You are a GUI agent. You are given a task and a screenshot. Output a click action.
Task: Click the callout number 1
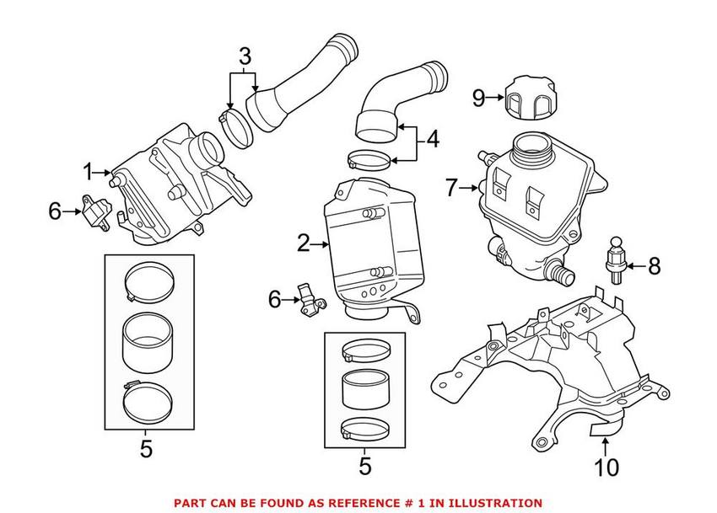[x=88, y=173]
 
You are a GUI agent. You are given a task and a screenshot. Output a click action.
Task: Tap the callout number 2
[x=303, y=243]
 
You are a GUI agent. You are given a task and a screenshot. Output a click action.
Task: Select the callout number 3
[x=245, y=56]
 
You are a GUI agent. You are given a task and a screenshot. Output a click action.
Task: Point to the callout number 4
[x=432, y=139]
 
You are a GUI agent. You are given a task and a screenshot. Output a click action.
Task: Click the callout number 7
[x=452, y=187]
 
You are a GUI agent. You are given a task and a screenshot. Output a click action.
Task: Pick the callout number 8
[x=655, y=265]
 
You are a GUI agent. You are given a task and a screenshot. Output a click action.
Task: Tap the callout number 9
[x=479, y=98]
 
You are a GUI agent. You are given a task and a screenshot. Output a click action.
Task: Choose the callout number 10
[x=606, y=468]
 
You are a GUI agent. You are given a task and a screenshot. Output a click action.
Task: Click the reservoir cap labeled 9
[x=531, y=101]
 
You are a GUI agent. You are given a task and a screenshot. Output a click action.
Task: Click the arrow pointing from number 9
[x=496, y=98]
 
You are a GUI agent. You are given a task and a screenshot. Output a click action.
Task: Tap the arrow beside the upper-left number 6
[x=73, y=211]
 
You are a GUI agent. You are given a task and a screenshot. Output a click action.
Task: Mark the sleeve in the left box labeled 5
[x=148, y=343]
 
